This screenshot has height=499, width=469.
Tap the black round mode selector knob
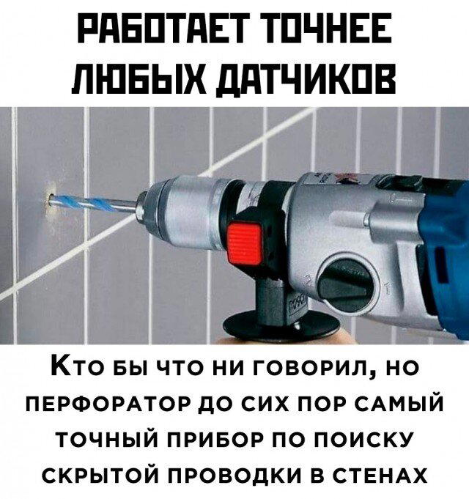click(x=344, y=278)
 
